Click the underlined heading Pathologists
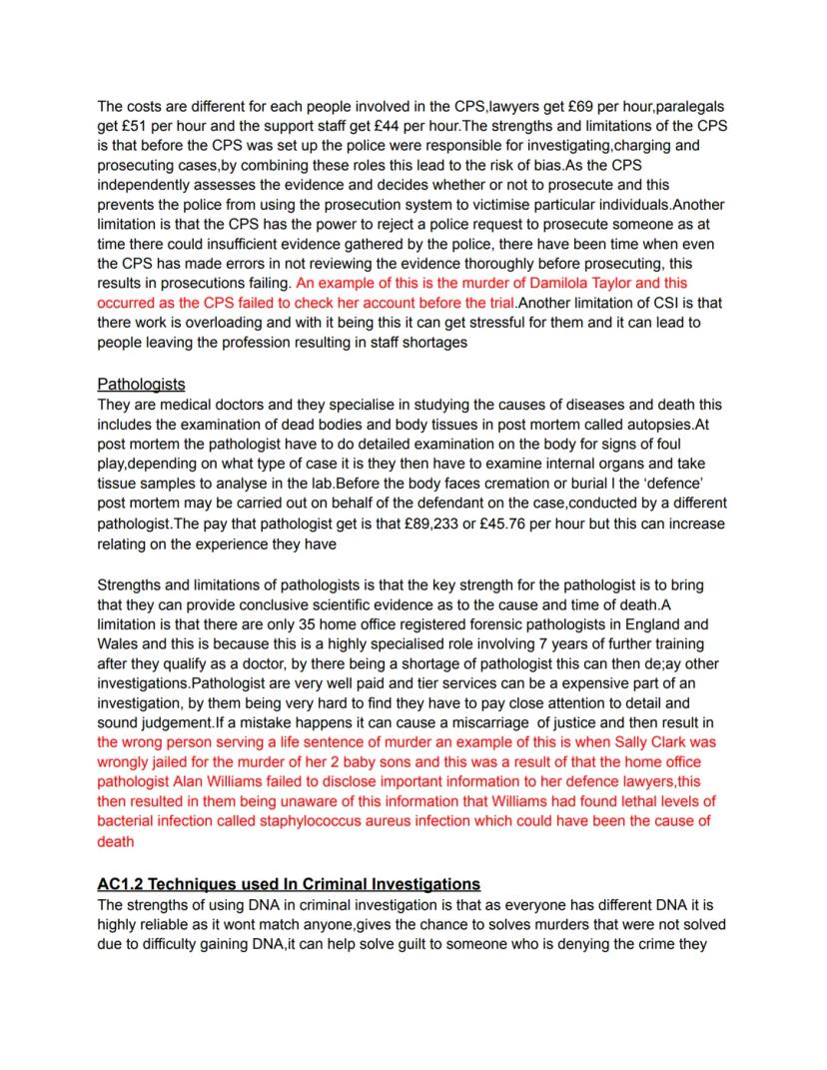point(141,384)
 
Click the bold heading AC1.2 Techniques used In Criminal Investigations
point(289,884)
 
